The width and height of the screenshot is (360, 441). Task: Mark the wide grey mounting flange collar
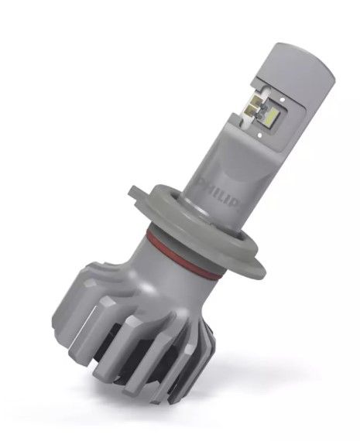click(x=232, y=240)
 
